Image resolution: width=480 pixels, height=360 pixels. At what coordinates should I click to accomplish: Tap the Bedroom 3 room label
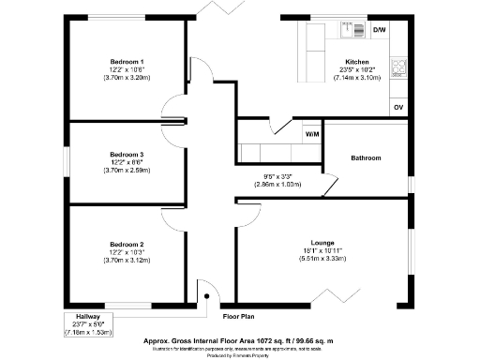pyautogui.click(x=127, y=154)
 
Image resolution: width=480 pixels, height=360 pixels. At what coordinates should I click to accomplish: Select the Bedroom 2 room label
pyautogui.click(x=127, y=243)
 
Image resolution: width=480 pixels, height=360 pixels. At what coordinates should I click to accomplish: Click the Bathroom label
pyautogui.click(x=366, y=158)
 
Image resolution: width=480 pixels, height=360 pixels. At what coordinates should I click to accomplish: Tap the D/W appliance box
pyautogui.click(x=380, y=31)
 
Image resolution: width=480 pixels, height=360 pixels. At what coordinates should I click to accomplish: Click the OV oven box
pyautogui.click(x=398, y=108)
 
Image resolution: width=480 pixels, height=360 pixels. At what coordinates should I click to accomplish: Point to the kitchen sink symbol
pyautogui.click(x=354, y=31)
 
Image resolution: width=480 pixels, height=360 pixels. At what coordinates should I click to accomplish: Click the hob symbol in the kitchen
pyautogui.click(x=399, y=67)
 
